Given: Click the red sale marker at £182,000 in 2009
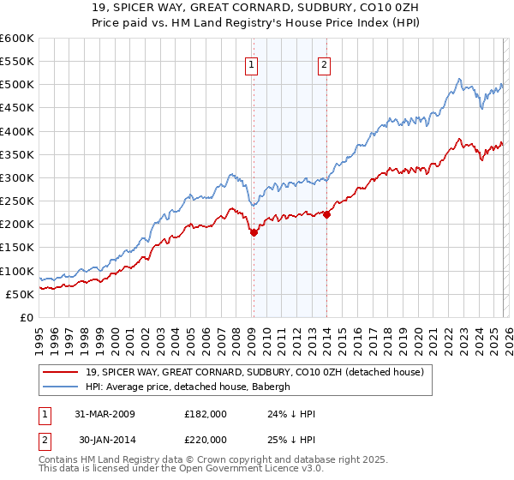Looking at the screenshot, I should point(254,232).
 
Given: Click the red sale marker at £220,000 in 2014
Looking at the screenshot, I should point(327,215).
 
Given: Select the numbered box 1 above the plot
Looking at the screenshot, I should point(253,65).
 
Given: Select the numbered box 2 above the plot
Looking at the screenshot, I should point(326,65).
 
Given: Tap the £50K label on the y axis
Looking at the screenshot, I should point(20,294).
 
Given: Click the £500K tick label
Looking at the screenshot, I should point(17,85).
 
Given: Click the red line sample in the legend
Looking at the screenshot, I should point(61,372).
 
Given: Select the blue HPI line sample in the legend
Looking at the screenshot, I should point(61,387).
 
